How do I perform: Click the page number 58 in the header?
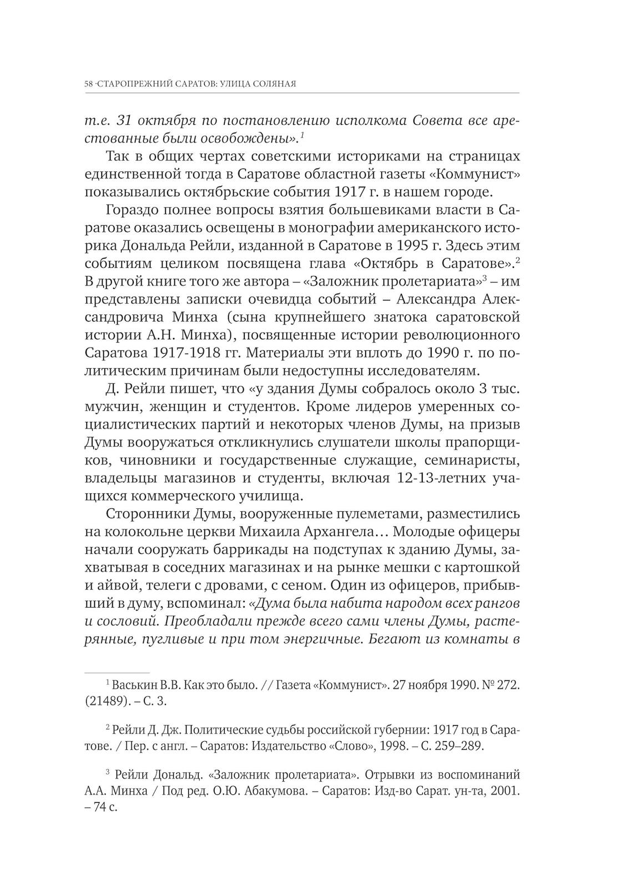[x=88, y=84]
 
